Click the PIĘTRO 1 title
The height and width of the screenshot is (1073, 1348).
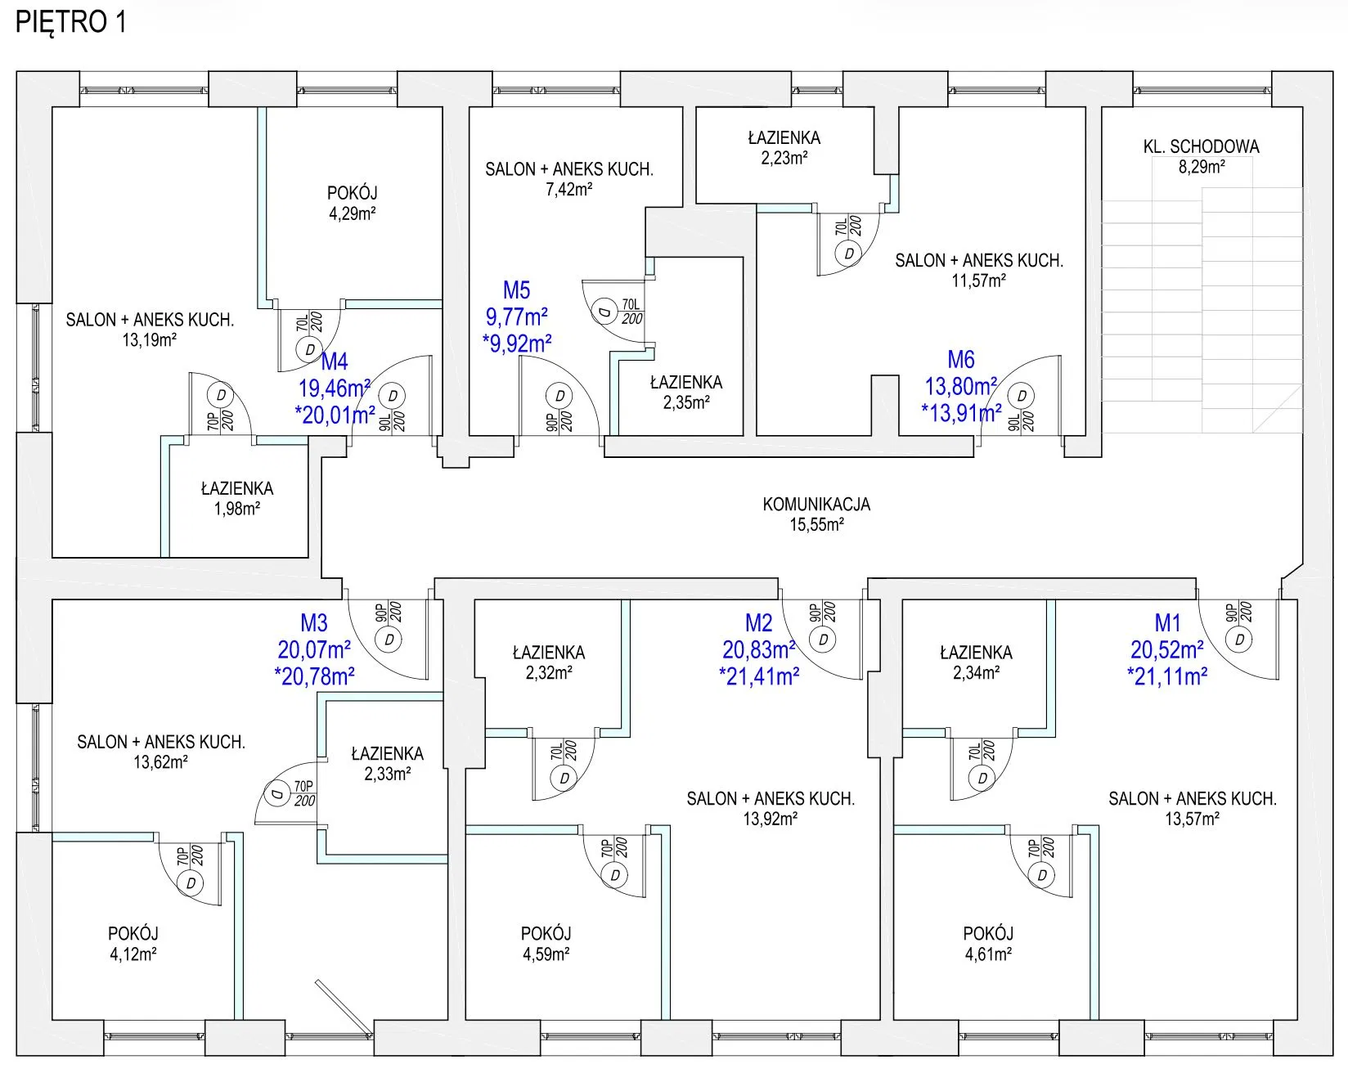click(71, 22)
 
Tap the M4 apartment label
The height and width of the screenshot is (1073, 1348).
click(335, 361)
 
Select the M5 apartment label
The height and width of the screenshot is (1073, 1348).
click(517, 290)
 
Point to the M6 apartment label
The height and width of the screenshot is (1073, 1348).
click(961, 360)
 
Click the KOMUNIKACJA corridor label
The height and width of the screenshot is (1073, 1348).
click(816, 505)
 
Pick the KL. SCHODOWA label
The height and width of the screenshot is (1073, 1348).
click(1202, 147)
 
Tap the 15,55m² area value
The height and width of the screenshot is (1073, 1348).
click(816, 525)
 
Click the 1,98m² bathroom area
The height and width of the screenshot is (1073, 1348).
click(237, 509)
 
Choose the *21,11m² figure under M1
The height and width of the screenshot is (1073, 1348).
click(1167, 677)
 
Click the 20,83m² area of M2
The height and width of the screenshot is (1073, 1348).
click(759, 650)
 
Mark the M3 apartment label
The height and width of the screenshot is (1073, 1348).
click(314, 623)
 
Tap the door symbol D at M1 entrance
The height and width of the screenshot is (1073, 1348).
click(1240, 640)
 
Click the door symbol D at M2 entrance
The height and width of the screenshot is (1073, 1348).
click(824, 640)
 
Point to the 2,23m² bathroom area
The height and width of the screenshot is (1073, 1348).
click(784, 159)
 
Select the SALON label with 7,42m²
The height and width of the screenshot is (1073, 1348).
click(569, 170)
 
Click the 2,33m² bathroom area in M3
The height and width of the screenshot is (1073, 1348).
click(388, 774)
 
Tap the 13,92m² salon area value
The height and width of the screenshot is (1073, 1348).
click(771, 819)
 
